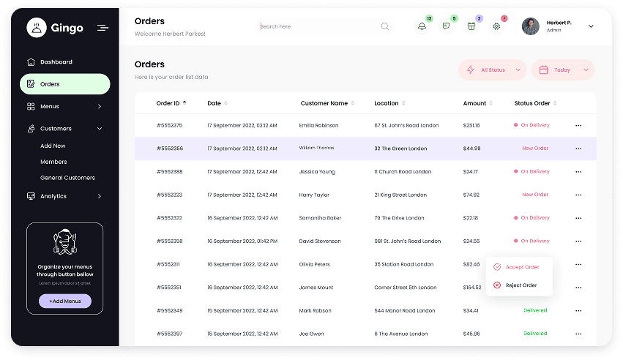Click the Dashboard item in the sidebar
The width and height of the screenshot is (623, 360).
click(x=56, y=62)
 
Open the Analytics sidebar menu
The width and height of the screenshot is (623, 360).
click(x=53, y=196)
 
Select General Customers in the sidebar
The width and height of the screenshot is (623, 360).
click(x=67, y=178)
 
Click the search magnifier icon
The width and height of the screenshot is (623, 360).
click(x=385, y=26)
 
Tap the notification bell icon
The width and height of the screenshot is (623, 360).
click(x=422, y=26)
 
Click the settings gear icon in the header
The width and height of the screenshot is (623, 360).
click(x=496, y=26)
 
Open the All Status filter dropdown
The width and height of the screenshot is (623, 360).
click(x=493, y=70)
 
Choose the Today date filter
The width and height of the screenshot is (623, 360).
click(x=562, y=70)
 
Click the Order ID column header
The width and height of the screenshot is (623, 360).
click(x=168, y=103)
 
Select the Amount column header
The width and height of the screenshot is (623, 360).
click(x=474, y=103)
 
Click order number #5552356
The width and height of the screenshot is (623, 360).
click(x=169, y=149)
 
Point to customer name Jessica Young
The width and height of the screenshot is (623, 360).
click(x=317, y=172)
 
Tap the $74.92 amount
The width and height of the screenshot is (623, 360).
click(x=471, y=195)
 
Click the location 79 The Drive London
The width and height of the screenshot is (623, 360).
click(x=399, y=218)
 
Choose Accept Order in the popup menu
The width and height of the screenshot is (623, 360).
click(x=522, y=267)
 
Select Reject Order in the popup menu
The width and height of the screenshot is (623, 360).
click(x=521, y=285)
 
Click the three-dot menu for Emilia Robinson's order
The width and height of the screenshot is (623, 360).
click(x=578, y=126)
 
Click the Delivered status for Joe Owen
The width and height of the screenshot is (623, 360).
click(x=535, y=334)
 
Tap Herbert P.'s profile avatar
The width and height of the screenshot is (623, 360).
click(x=531, y=26)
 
